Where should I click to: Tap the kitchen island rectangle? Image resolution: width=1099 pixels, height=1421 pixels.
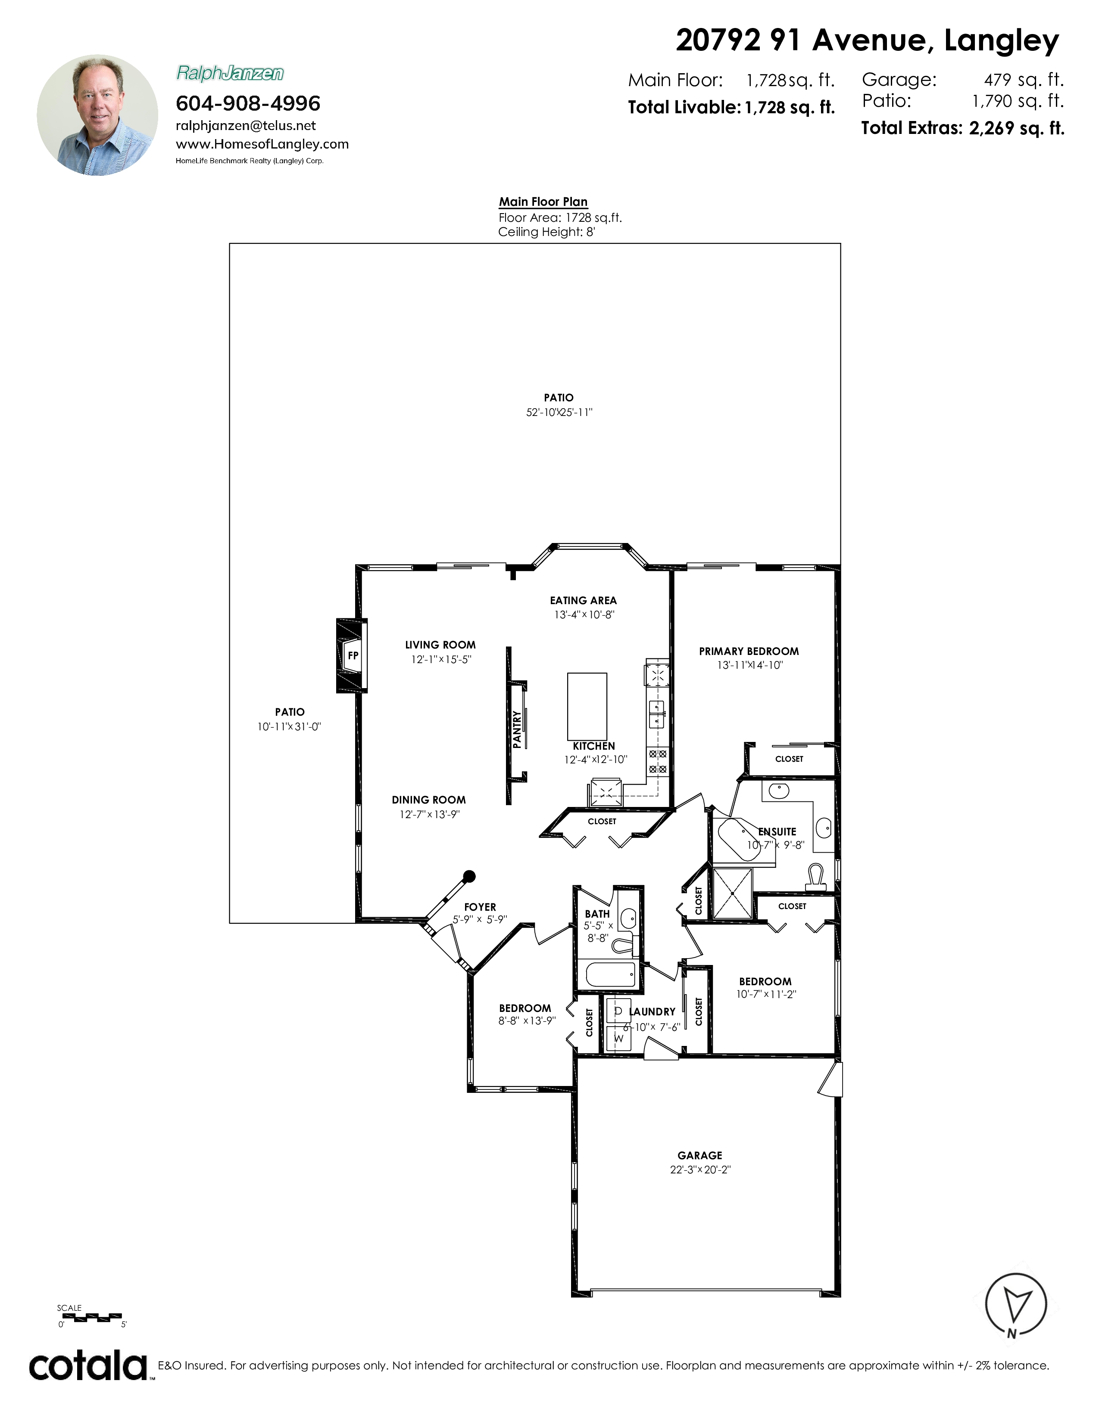587,706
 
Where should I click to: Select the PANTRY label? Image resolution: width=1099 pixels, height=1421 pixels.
517,729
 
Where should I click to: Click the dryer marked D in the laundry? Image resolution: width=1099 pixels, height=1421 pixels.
618,1011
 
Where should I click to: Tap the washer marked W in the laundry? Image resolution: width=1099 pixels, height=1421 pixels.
618,1038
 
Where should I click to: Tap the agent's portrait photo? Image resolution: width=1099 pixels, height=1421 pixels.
98,115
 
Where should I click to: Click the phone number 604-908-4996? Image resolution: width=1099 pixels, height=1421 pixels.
248,103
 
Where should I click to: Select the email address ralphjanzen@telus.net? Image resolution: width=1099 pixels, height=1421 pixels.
246,126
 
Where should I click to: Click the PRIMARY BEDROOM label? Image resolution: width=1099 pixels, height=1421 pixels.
749,651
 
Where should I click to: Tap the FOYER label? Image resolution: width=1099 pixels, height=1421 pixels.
480,907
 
